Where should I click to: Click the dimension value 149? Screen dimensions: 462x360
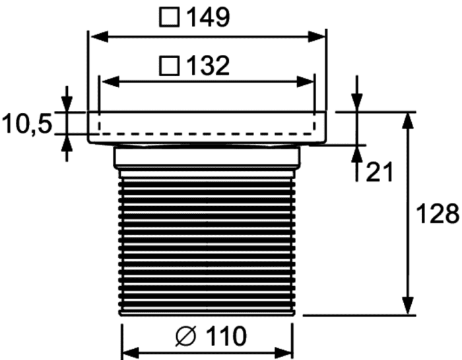[209, 17]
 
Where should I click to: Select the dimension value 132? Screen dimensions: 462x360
[209, 66]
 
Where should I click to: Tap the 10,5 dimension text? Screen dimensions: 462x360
[27, 124]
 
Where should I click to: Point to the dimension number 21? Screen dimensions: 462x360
[379, 172]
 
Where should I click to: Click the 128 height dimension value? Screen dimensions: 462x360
[438, 213]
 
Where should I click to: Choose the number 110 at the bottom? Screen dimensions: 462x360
[225, 336]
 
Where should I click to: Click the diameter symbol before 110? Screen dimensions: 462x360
[186, 336]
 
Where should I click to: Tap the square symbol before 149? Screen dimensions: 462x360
[170, 18]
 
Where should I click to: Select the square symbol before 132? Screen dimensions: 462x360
[170, 66]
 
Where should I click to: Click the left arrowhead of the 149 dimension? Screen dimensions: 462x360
[99, 38]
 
